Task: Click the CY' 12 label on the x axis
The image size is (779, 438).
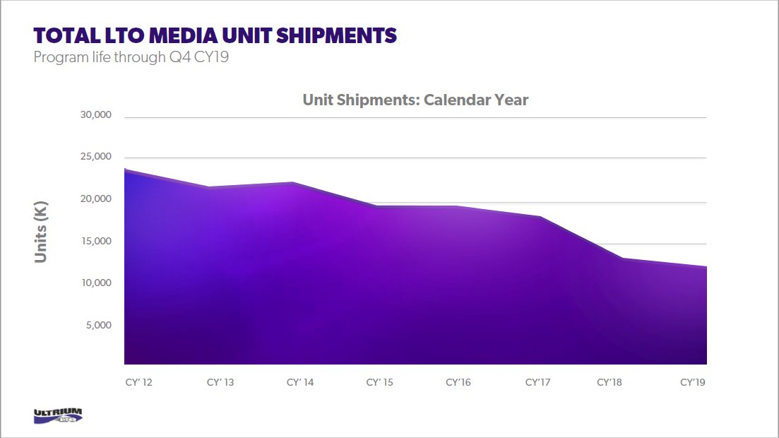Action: (138, 382)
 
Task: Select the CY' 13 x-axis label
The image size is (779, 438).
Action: (220, 382)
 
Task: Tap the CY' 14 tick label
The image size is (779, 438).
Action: (299, 382)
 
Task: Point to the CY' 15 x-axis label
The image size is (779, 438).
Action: (379, 382)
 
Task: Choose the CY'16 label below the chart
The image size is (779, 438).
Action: (458, 382)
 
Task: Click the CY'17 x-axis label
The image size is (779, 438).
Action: (537, 382)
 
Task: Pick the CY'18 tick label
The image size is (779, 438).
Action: (609, 382)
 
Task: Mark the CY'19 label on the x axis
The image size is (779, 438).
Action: (692, 382)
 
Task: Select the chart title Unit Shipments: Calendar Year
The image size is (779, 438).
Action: (415, 100)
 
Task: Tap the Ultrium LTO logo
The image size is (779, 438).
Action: (58, 416)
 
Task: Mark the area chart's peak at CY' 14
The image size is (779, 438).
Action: (292, 183)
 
